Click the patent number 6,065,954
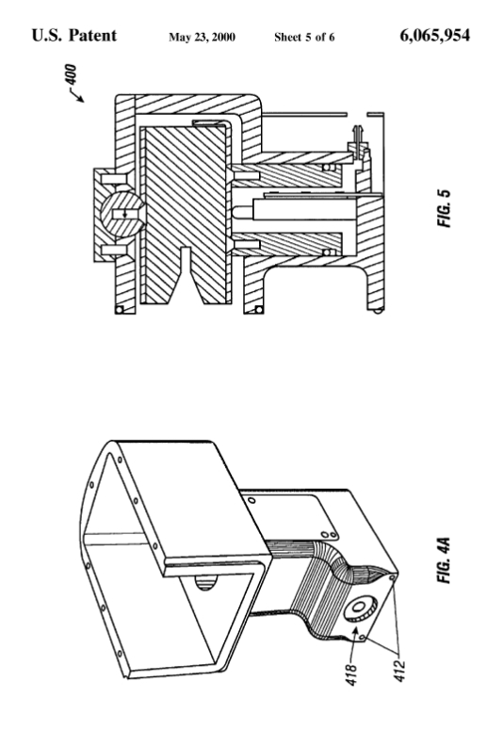coord(434,36)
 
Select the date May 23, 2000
coord(202,38)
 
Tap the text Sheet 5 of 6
coord(304,38)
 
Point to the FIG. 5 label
coord(445,208)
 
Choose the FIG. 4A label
coord(444,560)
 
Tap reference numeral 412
coord(399,672)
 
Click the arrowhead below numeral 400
coord(81,99)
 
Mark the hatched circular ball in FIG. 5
coord(122,214)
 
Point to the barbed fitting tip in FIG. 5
coord(358,132)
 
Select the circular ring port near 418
coord(360,608)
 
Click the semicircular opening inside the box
coord(205,582)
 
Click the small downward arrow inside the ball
coord(124,214)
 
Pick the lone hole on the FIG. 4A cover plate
coord(251,500)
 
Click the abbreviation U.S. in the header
coord(46,36)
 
